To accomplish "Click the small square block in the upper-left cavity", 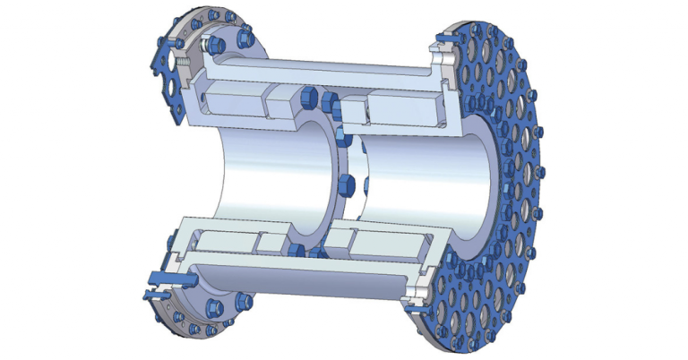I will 275,99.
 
